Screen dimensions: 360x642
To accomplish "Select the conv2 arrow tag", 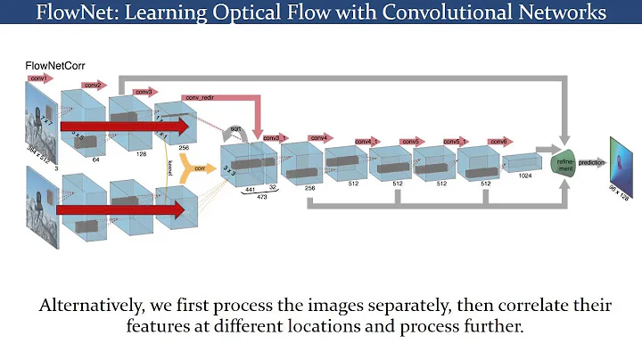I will coord(93,86).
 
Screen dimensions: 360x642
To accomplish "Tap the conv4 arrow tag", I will coord(318,138).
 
